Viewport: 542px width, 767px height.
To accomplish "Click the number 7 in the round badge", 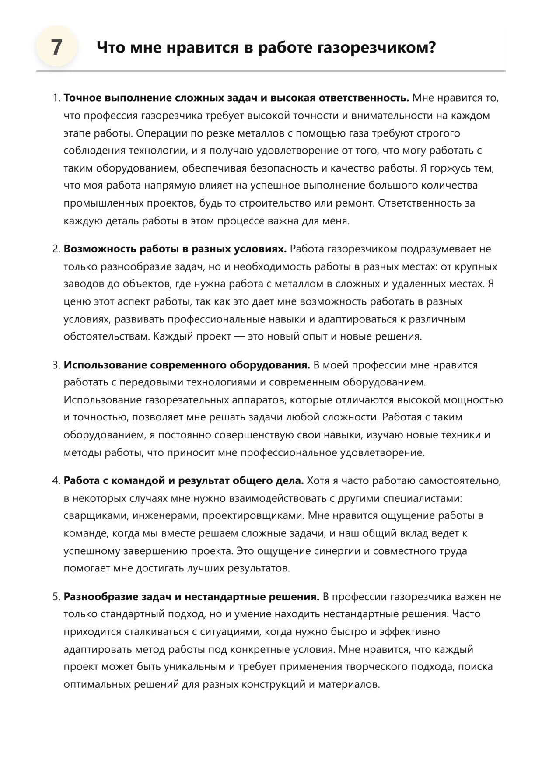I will (56, 47).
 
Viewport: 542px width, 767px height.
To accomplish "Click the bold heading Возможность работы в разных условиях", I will (175, 249).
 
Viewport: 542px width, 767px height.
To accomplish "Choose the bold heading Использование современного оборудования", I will (187, 365).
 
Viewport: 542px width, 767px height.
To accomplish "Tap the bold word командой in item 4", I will (138, 481).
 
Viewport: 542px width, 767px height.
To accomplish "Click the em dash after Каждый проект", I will (239, 336).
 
